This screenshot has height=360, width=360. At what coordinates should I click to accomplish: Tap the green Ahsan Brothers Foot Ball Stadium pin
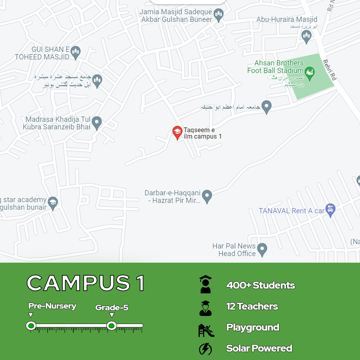(310, 74)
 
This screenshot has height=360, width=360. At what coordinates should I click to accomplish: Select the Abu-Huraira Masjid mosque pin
(306, 36)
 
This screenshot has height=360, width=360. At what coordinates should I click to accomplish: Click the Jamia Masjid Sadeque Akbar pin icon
(218, 15)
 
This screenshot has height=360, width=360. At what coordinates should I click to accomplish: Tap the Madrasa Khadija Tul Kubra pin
(97, 123)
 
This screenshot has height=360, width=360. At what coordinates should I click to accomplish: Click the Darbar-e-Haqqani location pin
(207, 196)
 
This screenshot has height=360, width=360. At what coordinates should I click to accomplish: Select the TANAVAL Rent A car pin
(330, 210)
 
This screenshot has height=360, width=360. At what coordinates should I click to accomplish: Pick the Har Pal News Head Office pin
(262, 249)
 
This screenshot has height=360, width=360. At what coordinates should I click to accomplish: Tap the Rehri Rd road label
(329, 70)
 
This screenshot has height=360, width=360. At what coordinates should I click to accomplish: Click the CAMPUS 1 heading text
(86, 283)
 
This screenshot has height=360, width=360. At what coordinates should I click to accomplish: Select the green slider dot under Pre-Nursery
(31, 326)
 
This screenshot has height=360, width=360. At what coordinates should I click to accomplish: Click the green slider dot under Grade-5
(112, 326)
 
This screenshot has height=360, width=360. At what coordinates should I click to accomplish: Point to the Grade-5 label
(112, 308)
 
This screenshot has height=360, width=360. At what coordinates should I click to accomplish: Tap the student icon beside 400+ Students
(205, 284)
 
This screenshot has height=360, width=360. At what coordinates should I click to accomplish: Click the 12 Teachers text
(252, 306)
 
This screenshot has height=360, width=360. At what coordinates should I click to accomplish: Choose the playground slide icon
(206, 330)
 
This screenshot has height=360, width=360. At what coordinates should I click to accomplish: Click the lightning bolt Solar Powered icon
(205, 349)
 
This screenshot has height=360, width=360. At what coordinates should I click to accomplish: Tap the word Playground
(253, 327)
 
